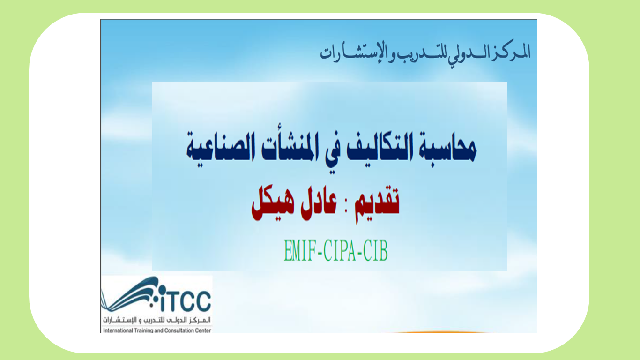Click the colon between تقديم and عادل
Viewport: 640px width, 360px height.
click(346, 206)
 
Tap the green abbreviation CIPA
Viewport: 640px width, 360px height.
click(339, 251)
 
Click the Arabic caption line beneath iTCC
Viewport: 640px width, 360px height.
click(157, 320)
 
